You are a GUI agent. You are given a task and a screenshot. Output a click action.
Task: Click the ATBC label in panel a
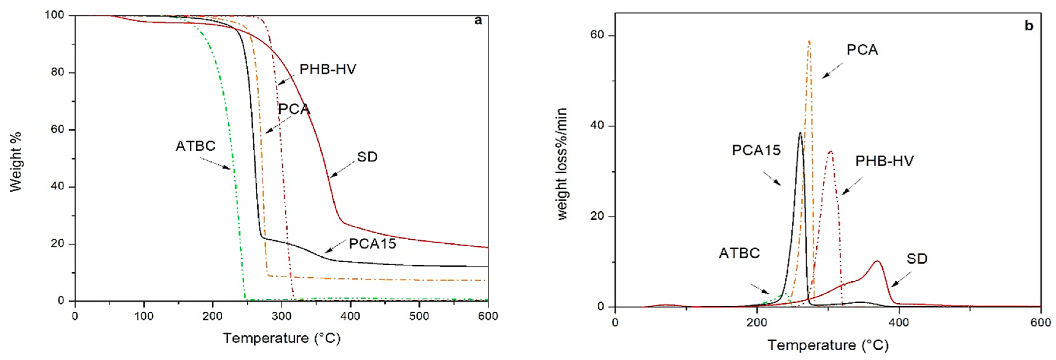(196, 146)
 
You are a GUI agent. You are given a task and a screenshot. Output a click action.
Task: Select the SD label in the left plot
(367, 157)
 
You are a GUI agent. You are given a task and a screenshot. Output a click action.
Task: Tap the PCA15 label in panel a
(372, 244)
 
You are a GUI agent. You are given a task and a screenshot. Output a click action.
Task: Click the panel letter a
(478, 20)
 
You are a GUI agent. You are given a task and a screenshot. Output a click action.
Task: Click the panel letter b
(1028, 26)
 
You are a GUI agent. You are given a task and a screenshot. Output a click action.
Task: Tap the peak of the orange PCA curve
(809, 41)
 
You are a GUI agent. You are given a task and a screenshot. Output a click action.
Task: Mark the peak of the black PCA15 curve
(800, 133)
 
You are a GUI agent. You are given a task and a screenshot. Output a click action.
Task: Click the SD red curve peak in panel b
(877, 261)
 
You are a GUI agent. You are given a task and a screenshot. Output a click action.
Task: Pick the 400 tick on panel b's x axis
(899, 323)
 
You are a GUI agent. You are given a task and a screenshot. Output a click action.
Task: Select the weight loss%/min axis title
(562, 164)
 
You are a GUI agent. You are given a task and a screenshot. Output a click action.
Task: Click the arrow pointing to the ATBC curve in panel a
(215, 163)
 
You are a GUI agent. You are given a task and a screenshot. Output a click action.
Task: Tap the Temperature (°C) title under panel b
(828, 345)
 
